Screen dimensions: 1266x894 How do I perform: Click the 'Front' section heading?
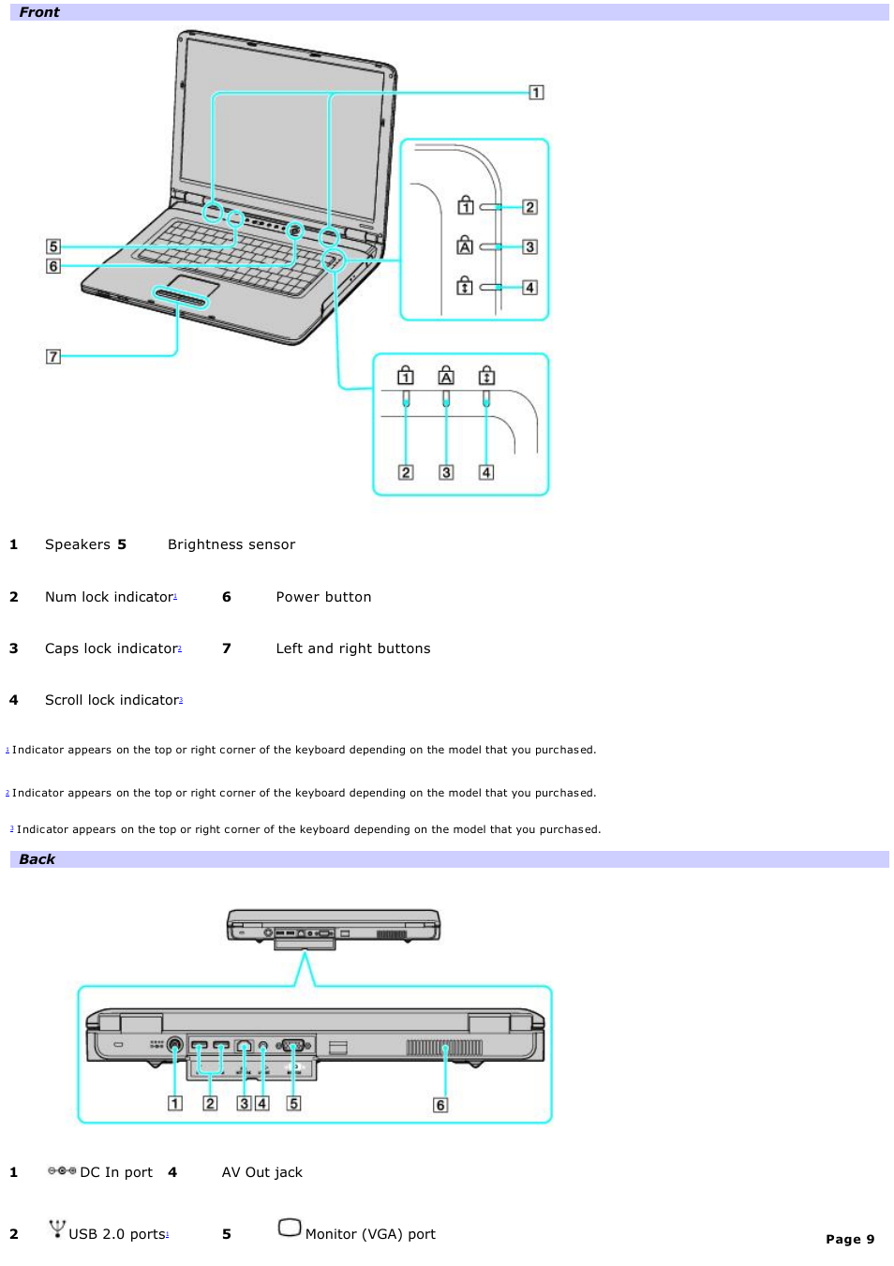tap(38, 12)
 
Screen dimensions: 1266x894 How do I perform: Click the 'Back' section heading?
tap(37, 859)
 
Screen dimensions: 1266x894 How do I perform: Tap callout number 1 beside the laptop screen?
tap(536, 92)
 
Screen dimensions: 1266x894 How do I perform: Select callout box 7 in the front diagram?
tap(53, 356)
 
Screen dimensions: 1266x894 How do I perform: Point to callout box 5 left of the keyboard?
tap(53, 246)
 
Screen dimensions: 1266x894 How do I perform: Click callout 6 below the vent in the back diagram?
tap(440, 1105)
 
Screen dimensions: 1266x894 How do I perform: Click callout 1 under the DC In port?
tap(175, 1103)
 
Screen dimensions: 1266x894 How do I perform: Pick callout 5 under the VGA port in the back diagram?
tap(293, 1103)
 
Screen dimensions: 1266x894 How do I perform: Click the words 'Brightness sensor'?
tap(231, 544)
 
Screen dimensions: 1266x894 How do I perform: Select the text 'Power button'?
tap(323, 597)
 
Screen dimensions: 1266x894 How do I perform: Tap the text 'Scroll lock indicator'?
tap(112, 700)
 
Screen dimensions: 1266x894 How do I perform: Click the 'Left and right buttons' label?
tap(353, 648)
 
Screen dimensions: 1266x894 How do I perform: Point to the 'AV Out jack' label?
tap(261, 1172)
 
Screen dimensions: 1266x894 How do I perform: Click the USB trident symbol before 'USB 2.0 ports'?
tap(57, 1229)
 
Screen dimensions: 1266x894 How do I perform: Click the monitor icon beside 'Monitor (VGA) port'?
tap(290, 1228)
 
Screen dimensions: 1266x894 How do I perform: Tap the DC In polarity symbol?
tap(62, 1171)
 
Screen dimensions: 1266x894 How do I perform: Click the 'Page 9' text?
tap(849, 1239)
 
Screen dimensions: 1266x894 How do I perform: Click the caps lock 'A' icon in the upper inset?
tap(465, 246)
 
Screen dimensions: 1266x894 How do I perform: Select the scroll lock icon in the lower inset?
tap(486, 376)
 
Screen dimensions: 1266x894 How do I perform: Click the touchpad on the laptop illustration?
tap(193, 285)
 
